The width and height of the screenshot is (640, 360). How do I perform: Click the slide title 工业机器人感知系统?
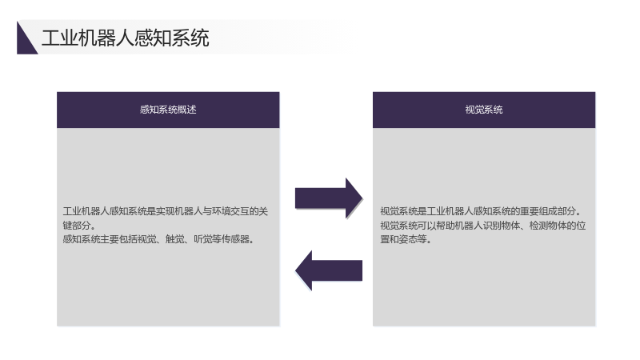tap(126, 38)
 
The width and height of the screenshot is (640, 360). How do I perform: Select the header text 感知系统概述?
tap(168, 110)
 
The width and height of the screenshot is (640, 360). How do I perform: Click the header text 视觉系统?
tap(484, 110)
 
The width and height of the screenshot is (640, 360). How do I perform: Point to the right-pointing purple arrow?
tap(329, 198)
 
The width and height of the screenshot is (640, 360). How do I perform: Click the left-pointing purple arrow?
tap(329, 270)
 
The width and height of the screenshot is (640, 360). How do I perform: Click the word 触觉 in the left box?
tap(174, 239)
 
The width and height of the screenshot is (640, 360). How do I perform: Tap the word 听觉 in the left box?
tap(202, 239)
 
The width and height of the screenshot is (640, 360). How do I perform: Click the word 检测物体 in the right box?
tap(548, 226)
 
